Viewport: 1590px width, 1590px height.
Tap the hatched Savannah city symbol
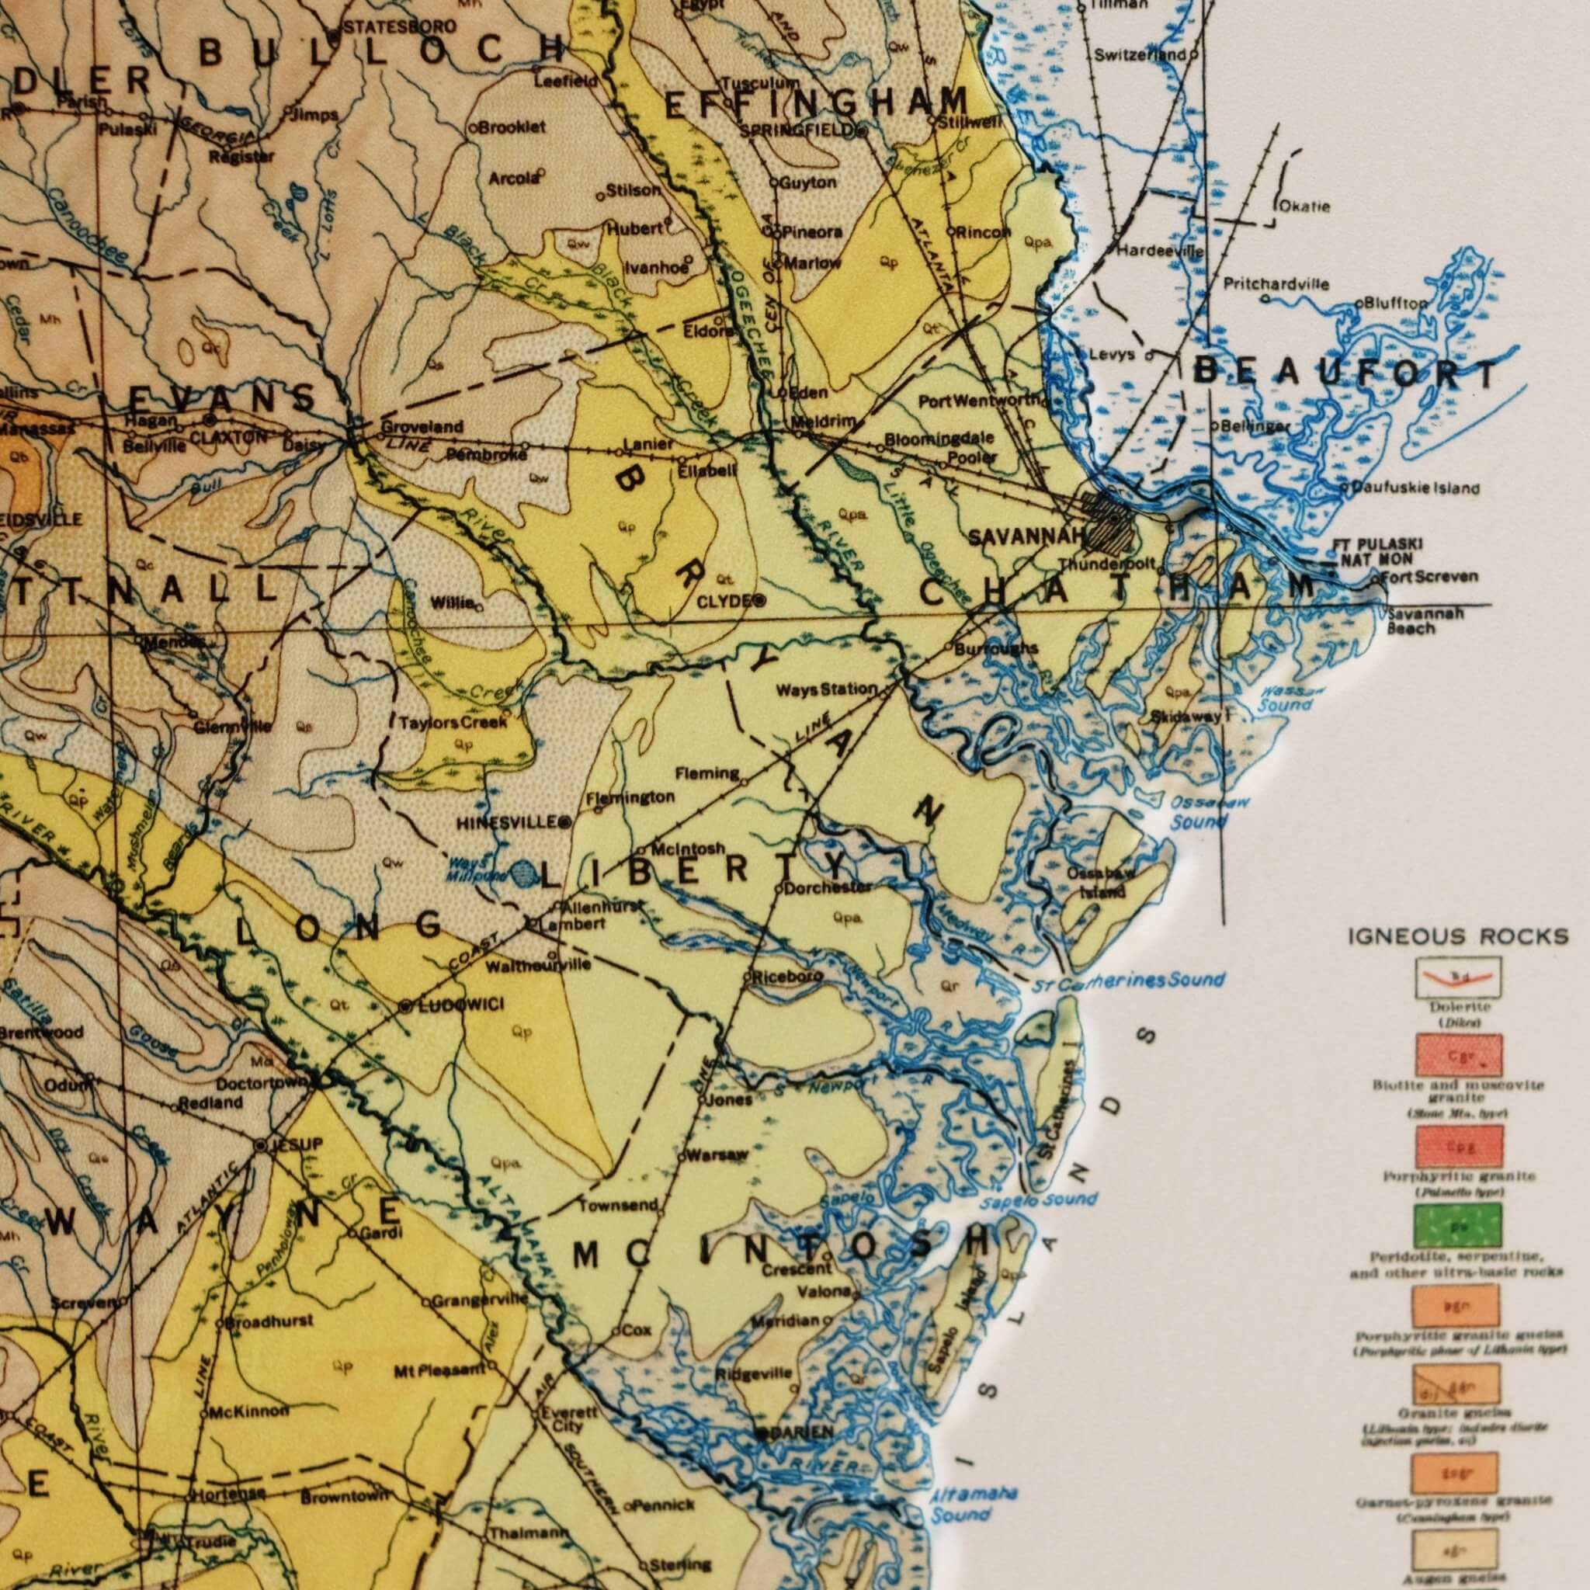(1111, 520)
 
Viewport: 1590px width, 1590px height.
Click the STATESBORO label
(394, 28)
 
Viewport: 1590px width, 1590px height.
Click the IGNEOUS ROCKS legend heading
(1457, 936)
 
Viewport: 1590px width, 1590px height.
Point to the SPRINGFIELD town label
(797, 130)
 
